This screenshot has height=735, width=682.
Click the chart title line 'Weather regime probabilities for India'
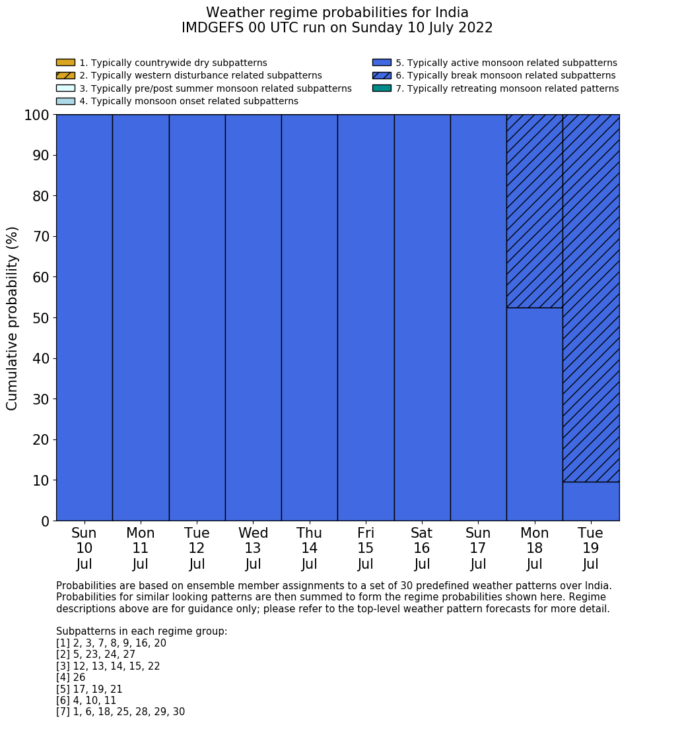(337, 13)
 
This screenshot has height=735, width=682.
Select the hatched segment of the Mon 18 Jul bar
(534, 211)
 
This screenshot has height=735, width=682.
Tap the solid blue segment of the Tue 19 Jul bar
(591, 501)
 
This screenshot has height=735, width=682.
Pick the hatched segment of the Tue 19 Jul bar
(591, 298)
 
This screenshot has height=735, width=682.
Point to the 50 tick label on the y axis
(41, 318)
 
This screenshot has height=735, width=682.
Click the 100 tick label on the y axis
(37, 115)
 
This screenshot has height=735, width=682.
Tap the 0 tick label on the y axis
(45, 521)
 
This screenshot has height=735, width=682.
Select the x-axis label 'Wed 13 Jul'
(253, 548)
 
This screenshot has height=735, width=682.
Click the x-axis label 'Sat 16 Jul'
(422, 548)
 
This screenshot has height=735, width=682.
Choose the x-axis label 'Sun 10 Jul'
(84, 548)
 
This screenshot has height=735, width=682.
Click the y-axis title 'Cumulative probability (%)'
(13, 318)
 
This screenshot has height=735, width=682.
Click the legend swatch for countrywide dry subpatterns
(65, 63)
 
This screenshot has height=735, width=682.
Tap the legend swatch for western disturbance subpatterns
(65, 75)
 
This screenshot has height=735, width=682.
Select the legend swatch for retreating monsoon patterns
(382, 88)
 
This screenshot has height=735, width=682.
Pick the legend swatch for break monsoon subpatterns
(382, 75)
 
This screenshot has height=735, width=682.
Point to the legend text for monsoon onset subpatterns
(189, 101)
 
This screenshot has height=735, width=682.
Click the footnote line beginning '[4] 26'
(71, 678)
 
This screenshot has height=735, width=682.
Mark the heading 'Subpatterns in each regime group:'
(141, 631)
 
